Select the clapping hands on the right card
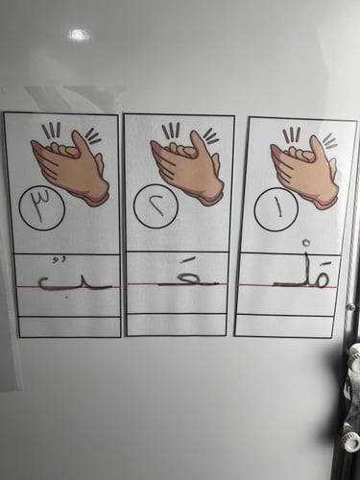pyautogui.click(x=304, y=171)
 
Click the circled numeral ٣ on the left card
pyautogui.click(x=41, y=209)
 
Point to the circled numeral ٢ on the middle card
pyautogui.click(x=156, y=207)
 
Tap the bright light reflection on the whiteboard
pyautogui.click(x=78, y=35)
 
